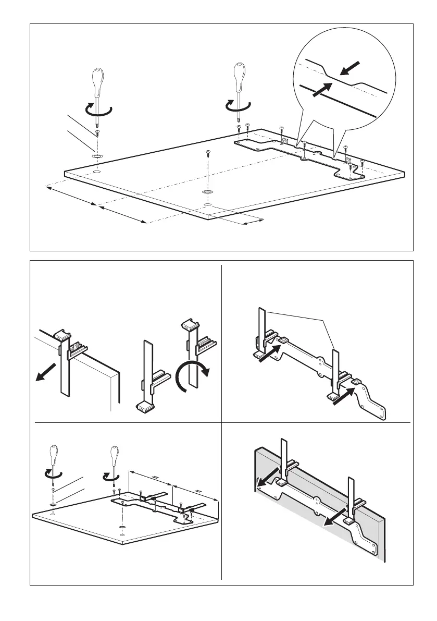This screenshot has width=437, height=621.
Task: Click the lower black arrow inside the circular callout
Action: pos(322,89)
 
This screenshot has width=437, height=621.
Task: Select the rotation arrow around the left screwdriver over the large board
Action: pos(98,109)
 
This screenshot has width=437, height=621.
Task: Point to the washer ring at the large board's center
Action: pos(207,192)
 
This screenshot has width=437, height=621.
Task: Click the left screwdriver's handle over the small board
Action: pos(54,455)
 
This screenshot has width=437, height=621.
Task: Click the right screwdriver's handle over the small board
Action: pos(114,455)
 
